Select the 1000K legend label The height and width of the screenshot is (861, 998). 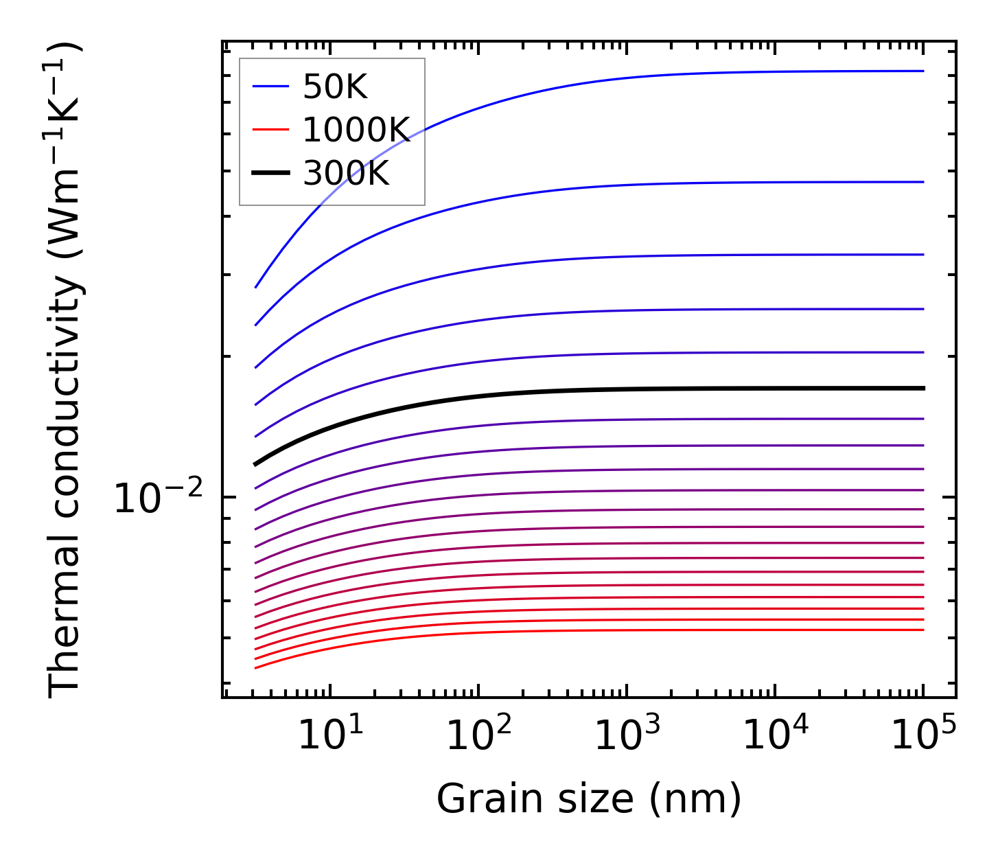click(x=356, y=130)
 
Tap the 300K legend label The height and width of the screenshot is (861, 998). click(x=345, y=174)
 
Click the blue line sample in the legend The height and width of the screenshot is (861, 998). click(x=271, y=87)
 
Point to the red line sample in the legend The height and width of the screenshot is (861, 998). click(x=271, y=130)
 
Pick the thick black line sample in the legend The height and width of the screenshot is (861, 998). click(x=271, y=174)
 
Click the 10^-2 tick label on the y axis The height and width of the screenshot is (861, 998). click(x=159, y=498)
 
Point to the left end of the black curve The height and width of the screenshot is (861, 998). click(x=255, y=465)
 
